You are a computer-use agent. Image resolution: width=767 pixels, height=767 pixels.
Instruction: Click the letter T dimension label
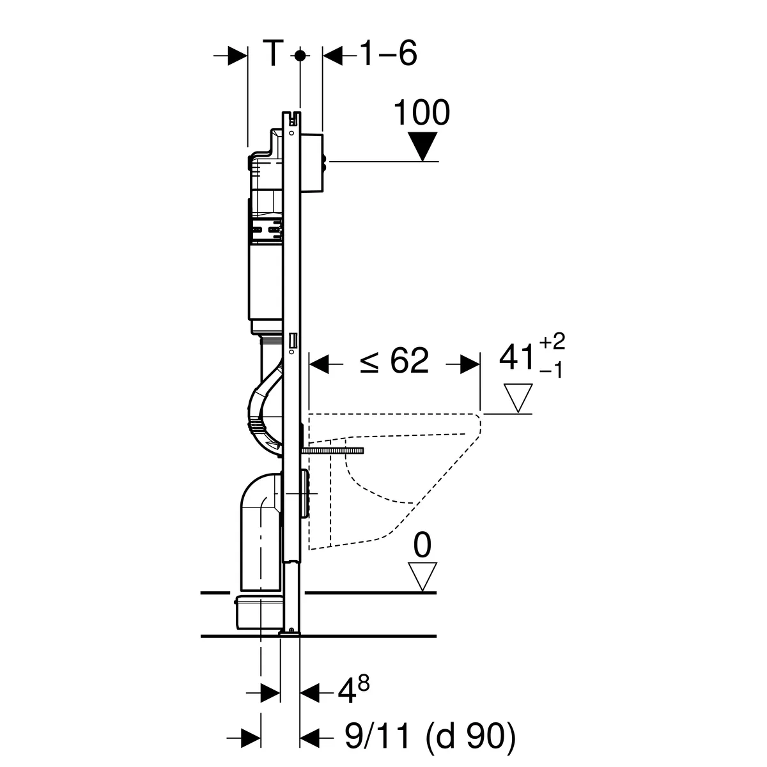273,53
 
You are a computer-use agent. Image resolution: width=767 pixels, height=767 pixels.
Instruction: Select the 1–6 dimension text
389,53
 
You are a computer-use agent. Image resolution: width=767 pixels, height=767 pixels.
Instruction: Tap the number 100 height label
421,112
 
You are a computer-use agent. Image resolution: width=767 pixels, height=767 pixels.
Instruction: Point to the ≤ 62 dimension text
394,360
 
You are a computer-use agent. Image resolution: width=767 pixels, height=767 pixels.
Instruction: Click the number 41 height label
516,357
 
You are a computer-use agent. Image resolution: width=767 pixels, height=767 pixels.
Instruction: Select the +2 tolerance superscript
552,341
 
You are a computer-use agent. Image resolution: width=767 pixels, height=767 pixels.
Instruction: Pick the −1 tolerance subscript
551,371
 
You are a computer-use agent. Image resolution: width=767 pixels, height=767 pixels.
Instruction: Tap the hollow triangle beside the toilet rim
518,398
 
